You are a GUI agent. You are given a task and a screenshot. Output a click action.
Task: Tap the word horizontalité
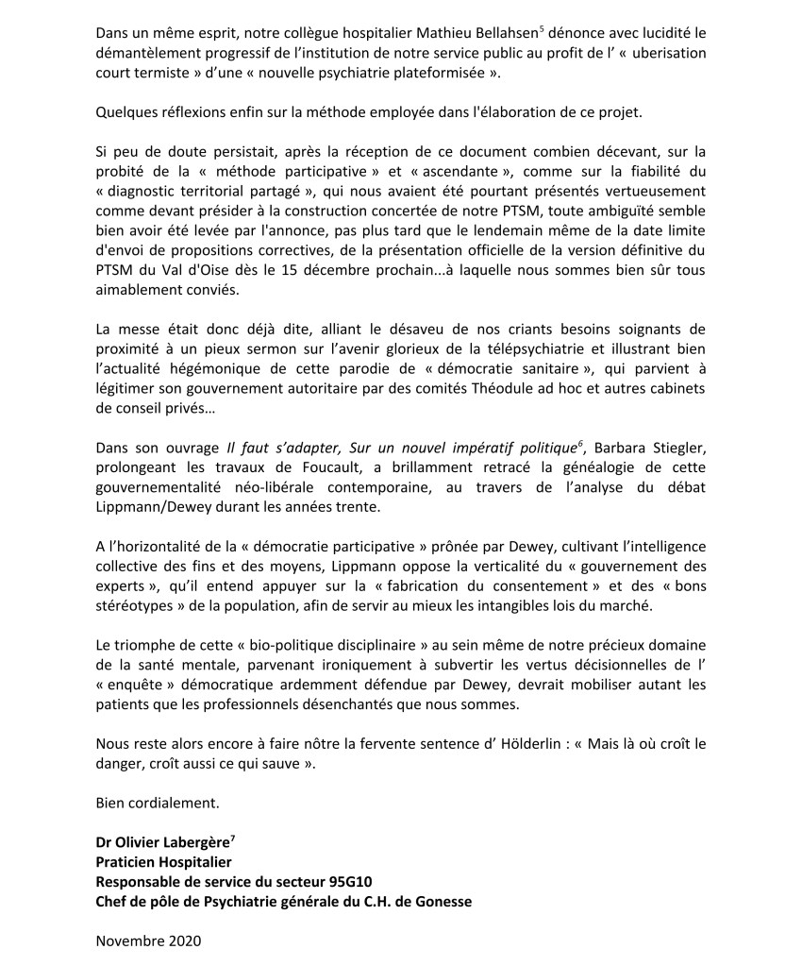[160, 549]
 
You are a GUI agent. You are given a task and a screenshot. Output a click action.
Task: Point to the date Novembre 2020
[148, 941]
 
